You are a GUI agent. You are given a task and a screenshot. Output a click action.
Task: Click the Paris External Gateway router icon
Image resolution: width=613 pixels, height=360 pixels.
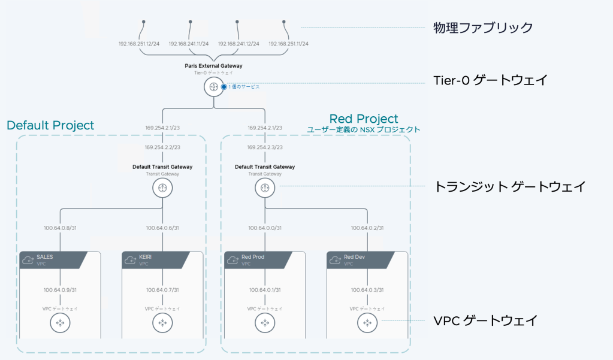coord(213,87)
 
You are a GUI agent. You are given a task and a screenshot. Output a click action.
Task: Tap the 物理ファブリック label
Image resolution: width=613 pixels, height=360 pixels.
coord(482,27)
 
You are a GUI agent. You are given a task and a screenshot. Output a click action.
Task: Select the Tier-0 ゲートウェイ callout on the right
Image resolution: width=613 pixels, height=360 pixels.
coord(490,80)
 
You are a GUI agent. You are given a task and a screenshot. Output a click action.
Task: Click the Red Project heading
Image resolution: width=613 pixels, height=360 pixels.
coord(364,119)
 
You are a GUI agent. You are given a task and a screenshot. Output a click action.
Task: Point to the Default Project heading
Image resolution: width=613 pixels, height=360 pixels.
coord(50,125)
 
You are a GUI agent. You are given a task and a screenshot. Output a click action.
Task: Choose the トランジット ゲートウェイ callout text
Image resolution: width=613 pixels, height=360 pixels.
coord(509,186)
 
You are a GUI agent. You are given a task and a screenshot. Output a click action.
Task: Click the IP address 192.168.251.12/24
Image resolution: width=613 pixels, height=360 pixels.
coord(139,44)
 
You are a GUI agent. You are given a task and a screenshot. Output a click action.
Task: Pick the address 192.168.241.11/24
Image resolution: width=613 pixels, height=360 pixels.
coord(189,44)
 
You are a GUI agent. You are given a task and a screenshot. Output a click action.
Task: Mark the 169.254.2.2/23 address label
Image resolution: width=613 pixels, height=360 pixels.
coord(162,147)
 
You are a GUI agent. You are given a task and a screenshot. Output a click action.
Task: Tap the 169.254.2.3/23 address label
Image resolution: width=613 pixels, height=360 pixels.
coord(264,147)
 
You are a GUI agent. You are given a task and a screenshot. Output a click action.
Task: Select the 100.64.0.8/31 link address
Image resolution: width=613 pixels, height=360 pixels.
coord(60,228)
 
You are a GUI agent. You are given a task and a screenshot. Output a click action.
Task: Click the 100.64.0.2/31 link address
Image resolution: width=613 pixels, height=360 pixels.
coord(366,228)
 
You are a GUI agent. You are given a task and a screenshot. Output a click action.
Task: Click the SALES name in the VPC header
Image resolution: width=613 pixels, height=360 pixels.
coord(45,256)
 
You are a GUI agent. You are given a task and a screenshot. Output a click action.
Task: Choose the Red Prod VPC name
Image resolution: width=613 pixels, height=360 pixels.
coord(253,256)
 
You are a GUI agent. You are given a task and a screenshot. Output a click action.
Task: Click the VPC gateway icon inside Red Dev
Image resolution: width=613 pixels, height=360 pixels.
coord(366,323)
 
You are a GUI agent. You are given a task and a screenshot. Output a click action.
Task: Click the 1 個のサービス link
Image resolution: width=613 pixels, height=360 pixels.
coord(243,87)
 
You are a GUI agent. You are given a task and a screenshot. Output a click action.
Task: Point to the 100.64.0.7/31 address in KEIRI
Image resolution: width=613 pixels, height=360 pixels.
coord(162,290)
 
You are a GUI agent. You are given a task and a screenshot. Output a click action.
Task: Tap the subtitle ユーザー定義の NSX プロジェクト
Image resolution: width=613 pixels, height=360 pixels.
coord(364,129)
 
